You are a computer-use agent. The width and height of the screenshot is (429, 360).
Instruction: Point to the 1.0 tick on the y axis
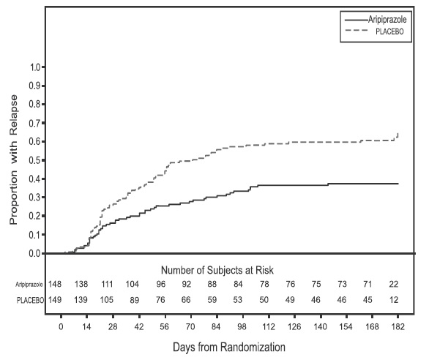tap(34, 67)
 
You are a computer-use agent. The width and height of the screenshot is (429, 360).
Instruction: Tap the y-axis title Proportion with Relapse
tap(13, 160)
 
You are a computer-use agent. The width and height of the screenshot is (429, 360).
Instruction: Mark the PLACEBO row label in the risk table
tap(31, 299)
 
